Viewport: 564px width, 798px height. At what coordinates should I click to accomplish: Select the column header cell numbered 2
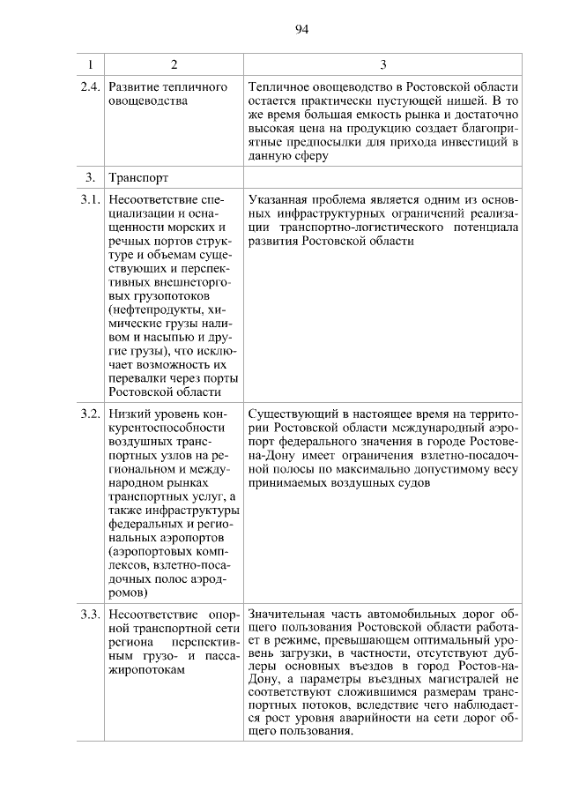coord(174,65)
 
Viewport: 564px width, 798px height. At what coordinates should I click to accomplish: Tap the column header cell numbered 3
coord(382,65)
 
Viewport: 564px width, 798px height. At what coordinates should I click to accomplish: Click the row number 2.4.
coord(88,87)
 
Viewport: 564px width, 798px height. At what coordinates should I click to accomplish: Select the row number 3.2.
coord(88,413)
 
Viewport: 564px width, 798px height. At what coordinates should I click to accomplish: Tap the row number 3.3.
coord(88,614)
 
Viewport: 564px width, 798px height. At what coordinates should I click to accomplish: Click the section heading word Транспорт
coord(137,178)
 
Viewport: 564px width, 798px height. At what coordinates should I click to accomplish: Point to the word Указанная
coord(278,199)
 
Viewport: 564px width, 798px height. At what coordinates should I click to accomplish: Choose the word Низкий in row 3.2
coord(128,413)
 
